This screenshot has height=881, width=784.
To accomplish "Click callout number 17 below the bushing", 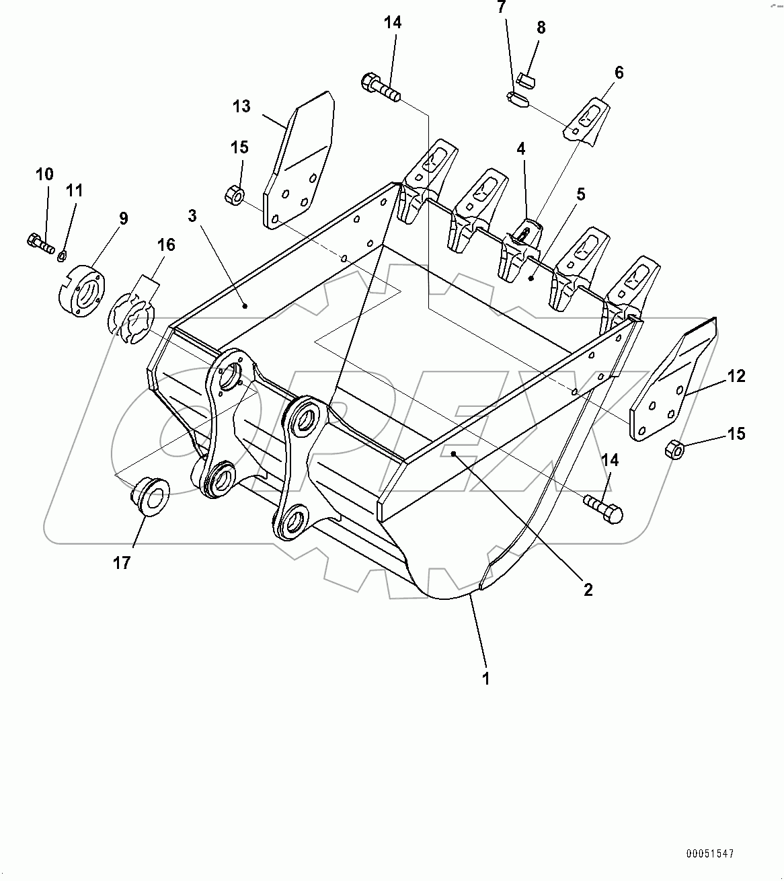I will pos(122,562).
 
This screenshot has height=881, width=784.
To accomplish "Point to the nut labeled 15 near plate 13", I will pos(234,196).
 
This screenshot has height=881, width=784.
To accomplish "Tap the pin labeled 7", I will pos(516,100).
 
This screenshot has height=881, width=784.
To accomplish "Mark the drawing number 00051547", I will pos(709,854).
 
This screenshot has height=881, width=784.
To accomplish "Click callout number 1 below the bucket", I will pos(485,679).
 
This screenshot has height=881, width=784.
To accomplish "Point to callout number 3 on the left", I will pos(193,216).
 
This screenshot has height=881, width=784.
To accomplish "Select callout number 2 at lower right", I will pos(588,590).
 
